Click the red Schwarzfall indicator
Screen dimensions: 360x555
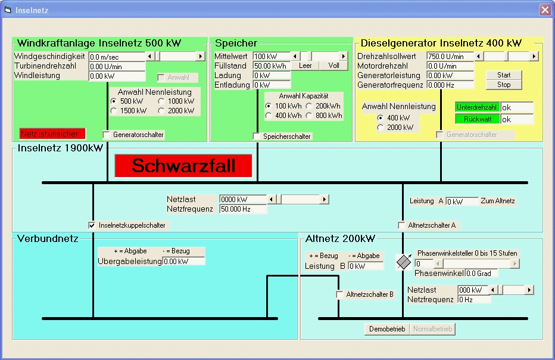click(x=183, y=166)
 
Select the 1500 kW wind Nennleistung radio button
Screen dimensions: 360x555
click(x=114, y=111)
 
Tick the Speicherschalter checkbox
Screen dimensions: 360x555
click(x=257, y=136)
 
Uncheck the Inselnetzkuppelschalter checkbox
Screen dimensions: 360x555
click(x=92, y=225)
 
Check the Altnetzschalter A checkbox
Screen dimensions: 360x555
click(x=402, y=225)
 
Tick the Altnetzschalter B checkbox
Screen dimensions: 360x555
click(x=340, y=294)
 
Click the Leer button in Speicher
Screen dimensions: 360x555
click(x=305, y=66)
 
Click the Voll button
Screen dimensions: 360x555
click(x=333, y=66)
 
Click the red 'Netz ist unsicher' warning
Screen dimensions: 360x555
click(x=52, y=134)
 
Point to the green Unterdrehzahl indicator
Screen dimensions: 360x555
click(x=477, y=107)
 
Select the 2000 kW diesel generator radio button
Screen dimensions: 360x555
click(x=381, y=127)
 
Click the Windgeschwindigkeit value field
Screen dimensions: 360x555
click(x=117, y=57)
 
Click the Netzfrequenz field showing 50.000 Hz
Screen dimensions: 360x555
click(x=243, y=209)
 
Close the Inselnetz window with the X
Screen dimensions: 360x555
click(x=545, y=10)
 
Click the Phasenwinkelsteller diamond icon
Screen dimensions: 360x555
click(x=404, y=262)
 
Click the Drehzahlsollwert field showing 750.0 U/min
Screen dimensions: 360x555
click(x=450, y=57)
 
